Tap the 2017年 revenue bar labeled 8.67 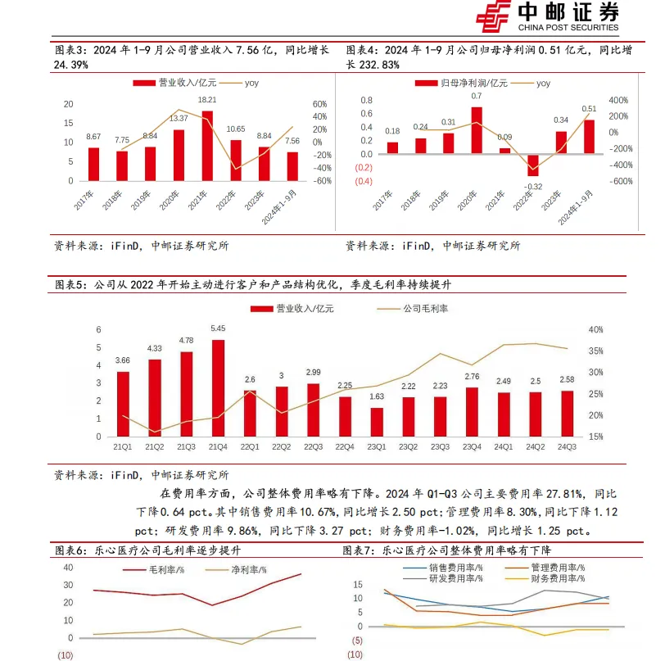pyautogui.click(x=94, y=164)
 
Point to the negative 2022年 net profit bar pyautogui.click(x=533, y=165)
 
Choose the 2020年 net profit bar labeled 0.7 pyautogui.click(x=477, y=130)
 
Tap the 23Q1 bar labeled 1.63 pyautogui.click(x=376, y=422)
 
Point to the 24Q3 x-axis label pyautogui.click(x=565, y=446)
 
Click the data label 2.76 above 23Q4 pyautogui.click(x=471, y=376)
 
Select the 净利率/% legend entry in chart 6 pyautogui.click(x=239, y=569)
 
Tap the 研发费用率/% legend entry pyautogui.click(x=447, y=577)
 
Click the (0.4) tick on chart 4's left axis pyautogui.click(x=364, y=181)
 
